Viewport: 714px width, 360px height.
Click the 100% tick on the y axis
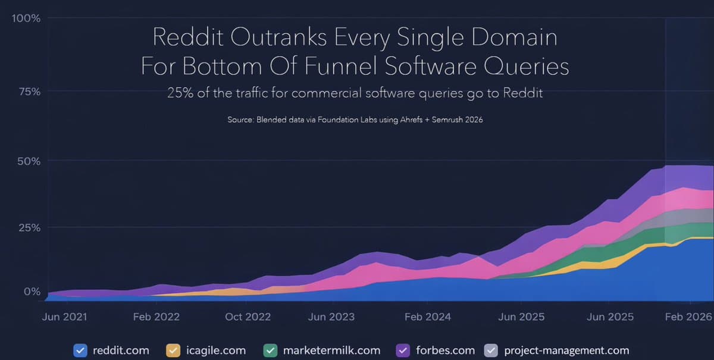(26, 18)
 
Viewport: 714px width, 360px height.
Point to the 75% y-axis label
(29, 92)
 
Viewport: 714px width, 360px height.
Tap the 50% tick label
(28, 161)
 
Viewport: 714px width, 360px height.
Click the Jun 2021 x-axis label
(64, 317)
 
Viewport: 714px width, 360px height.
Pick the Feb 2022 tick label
(156, 317)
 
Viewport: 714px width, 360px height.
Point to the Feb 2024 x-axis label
(427, 317)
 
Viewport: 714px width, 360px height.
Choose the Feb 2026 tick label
(689, 317)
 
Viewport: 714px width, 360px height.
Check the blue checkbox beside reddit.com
(80, 350)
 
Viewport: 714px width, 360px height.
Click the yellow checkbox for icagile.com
(173, 350)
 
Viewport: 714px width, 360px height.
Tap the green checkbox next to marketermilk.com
(270, 350)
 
